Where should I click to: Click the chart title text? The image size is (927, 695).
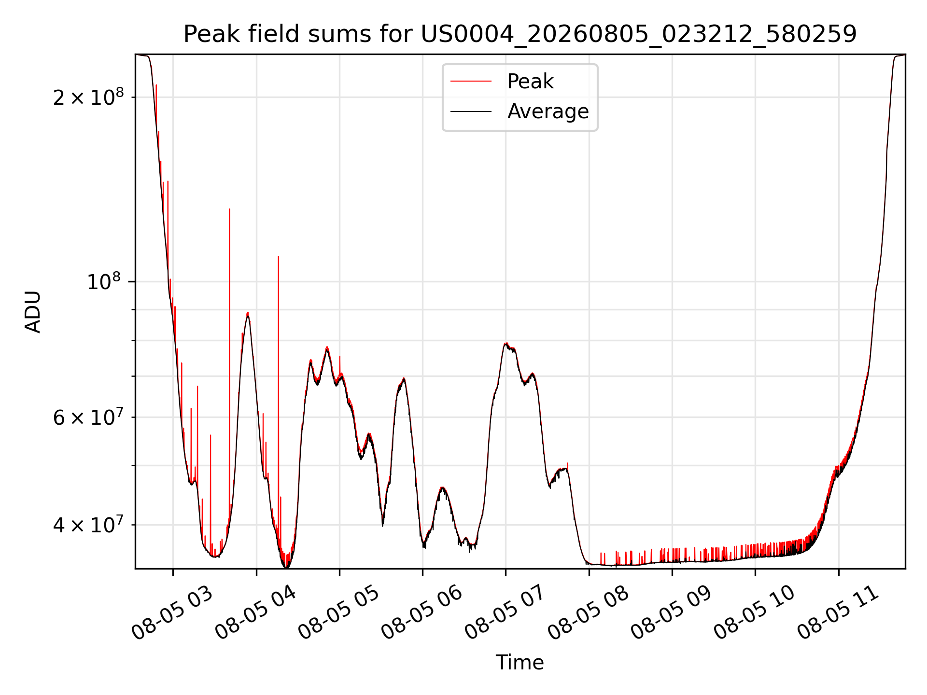520,34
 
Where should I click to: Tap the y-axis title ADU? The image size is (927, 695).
33,312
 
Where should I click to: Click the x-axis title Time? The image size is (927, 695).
520,663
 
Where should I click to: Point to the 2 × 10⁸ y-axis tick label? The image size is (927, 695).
88,97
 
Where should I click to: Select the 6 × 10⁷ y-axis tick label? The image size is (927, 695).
88,417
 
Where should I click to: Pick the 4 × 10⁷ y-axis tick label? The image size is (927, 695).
88,524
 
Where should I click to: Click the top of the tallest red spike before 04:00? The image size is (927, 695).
229,209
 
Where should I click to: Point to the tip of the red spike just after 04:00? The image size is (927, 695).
278,256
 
